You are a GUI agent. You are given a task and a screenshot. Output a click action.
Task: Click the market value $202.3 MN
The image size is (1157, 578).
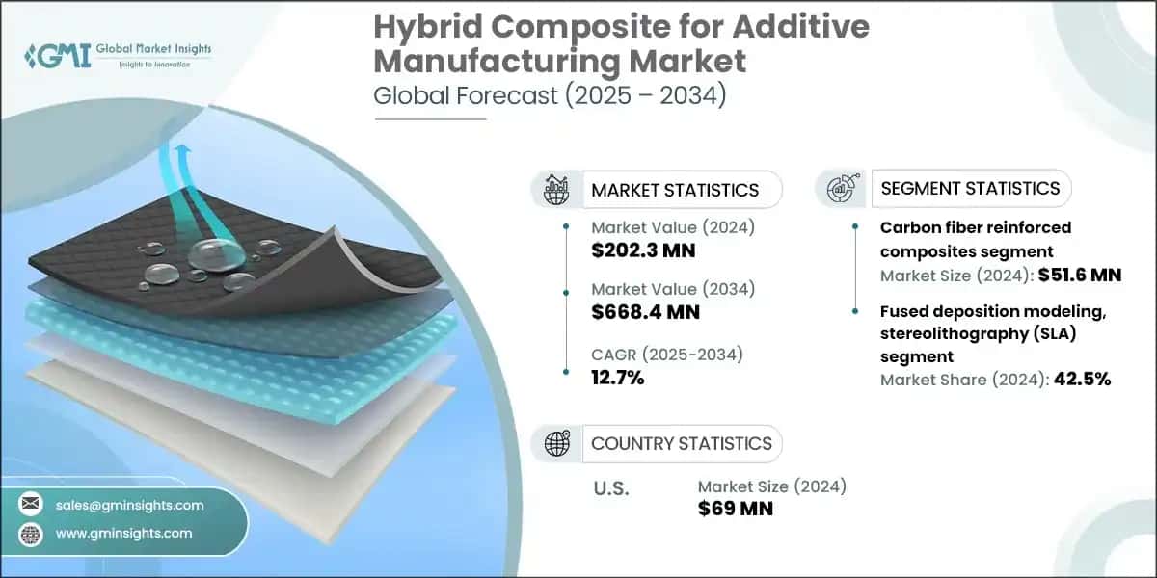[643, 251]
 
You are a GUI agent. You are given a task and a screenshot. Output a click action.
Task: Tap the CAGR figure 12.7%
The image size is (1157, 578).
[617, 377]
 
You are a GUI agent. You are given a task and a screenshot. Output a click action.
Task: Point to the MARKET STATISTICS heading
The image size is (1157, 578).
[675, 190]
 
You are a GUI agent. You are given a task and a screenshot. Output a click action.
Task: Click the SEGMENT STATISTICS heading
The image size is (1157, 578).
[970, 188]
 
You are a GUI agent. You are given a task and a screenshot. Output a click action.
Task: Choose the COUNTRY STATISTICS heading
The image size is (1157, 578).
[682, 443]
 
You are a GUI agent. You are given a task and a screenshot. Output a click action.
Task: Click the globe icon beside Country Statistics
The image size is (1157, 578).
[557, 443]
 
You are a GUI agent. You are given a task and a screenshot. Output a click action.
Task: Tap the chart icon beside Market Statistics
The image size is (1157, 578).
[557, 190]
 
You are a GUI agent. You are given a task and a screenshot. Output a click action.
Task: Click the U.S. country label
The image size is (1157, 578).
[609, 489]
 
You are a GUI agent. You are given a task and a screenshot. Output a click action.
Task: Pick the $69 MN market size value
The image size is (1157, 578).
[736, 508]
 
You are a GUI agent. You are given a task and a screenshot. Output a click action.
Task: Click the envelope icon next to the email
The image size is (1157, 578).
[33, 505]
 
